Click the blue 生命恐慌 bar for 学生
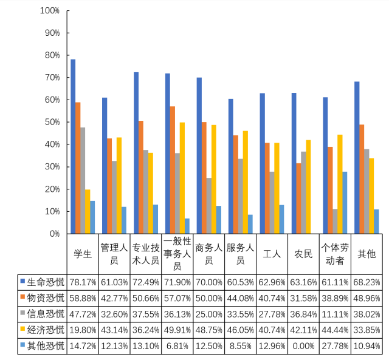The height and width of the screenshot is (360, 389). (73, 146)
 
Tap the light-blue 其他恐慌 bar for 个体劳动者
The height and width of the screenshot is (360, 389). (345, 203)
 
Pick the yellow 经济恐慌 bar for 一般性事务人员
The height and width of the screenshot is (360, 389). (182, 178)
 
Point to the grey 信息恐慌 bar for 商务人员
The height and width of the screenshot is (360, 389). (208, 206)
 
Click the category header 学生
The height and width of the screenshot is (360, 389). (83, 254)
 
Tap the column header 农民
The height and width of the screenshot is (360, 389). (303, 254)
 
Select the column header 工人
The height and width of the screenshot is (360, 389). (272, 254)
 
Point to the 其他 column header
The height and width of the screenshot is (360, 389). (367, 254)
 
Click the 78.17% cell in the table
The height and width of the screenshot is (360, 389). (83, 282)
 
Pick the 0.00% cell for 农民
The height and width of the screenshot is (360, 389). (303, 345)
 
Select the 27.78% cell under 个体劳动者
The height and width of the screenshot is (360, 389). (335, 345)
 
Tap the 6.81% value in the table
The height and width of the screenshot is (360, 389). (177, 345)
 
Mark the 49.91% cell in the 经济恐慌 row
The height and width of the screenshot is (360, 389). (177, 330)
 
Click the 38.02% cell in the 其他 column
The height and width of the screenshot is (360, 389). (367, 314)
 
